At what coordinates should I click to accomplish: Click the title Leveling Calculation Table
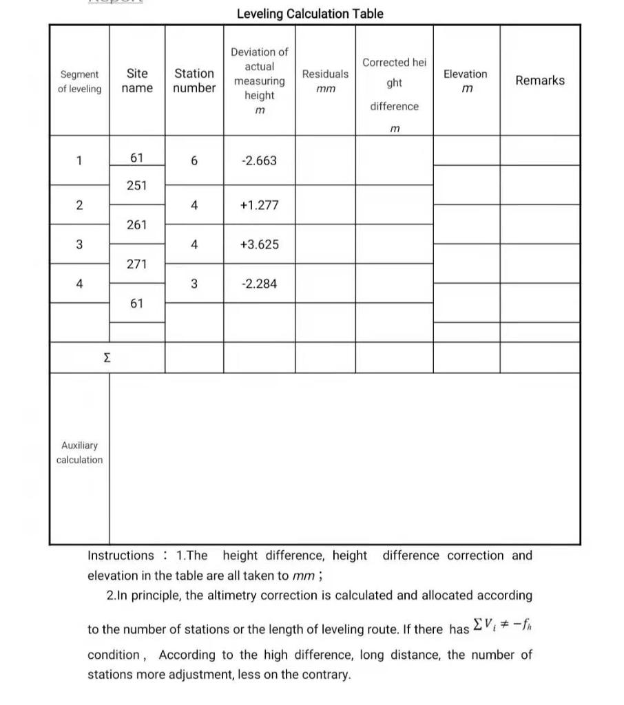pyautogui.click(x=310, y=14)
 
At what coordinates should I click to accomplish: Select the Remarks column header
pyautogui.click(x=540, y=81)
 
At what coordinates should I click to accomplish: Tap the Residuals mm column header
pyautogui.click(x=325, y=81)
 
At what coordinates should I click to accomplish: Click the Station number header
pyautogui.click(x=194, y=81)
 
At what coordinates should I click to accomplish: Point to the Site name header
pyautogui.click(x=137, y=81)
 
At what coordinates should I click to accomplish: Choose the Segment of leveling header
pyautogui.click(x=79, y=81)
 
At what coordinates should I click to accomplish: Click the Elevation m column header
pyautogui.click(x=466, y=81)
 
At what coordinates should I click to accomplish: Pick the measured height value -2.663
pyautogui.click(x=259, y=161)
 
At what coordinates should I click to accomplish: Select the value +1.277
pyautogui.click(x=259, y=205)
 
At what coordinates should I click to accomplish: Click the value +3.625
pyautogui.click(x=259, y=244)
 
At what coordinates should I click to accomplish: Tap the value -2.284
pyautogui.click(x=259, y=284)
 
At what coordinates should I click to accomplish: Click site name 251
pyautogui.click(x=137, y=185)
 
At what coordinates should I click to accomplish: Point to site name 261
pyautogui.click(x=137, y=224)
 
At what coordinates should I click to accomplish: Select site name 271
pyautogui.click(x=137, y=264)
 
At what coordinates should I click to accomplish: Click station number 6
pyautogui.click(x=194, y=161)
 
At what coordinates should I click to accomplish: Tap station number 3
pyautogui.click(x=194, y=284)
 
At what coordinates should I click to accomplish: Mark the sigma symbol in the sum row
pyautogui.click(x=107, y=358)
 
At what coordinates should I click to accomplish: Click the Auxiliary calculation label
pyautogui.click(x=79, y=452)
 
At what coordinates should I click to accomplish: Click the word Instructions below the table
pyautogui.click(x=121, y=556)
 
